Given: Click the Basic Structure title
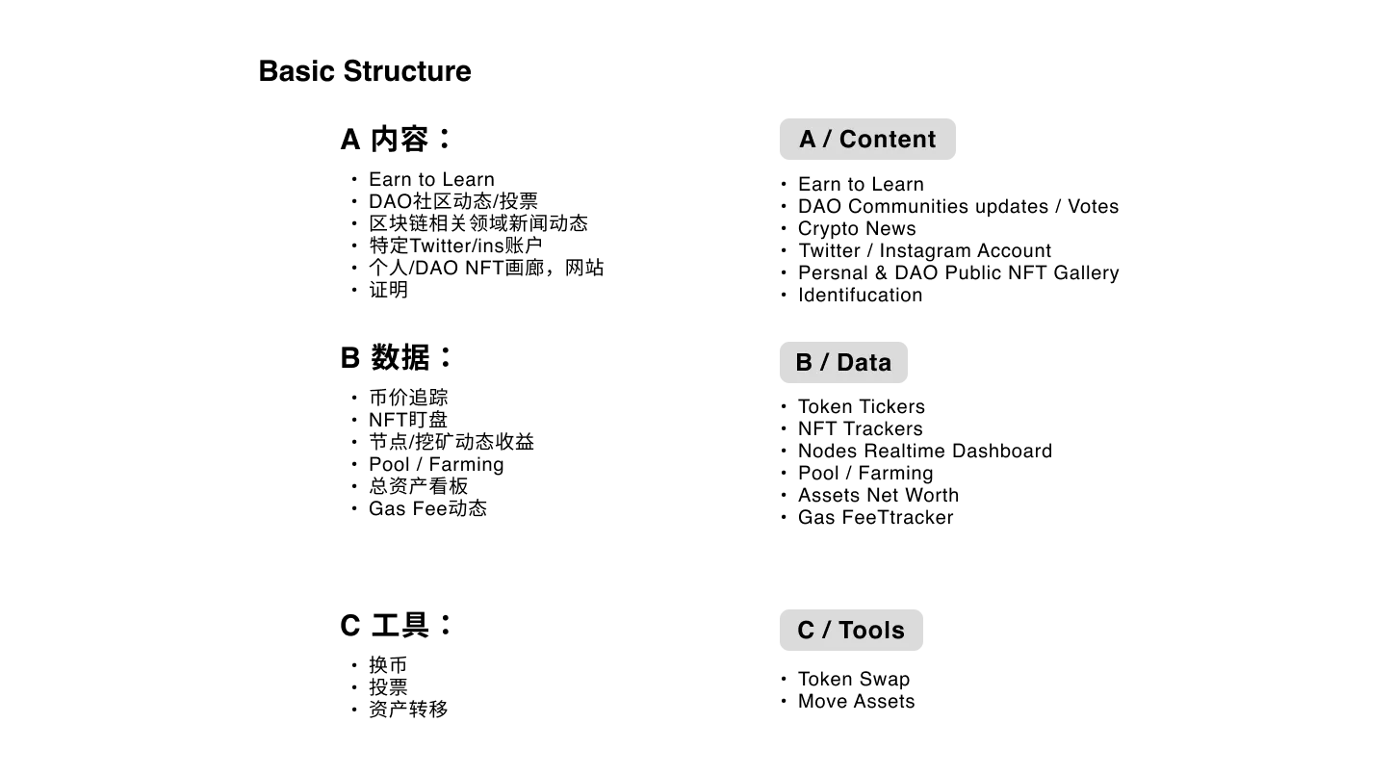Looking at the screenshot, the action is (365, 71).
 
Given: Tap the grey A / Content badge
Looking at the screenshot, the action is (867, 140).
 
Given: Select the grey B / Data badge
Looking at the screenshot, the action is (844, 363).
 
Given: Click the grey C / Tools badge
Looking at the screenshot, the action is (851, 630).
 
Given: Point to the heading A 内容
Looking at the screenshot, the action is (396, 139).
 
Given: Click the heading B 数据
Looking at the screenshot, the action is (396, 357).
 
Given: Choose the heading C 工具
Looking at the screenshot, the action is (396, 625).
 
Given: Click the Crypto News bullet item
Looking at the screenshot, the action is (857, 228).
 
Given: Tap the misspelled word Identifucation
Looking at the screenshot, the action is (860, 295).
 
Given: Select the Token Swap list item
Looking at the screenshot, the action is (854, 679).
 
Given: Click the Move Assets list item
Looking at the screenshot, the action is (857, 701).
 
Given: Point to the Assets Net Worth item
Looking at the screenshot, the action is (878, 495).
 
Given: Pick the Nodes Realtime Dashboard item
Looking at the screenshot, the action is (925, 451).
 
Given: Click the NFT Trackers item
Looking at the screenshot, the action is (860, 428).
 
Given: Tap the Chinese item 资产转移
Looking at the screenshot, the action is (408, 710).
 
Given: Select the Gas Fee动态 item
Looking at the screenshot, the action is (427, 508).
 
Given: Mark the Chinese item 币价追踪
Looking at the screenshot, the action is (408, 398).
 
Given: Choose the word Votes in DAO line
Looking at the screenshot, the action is (1094, 206).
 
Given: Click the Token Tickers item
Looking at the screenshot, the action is (862, 407).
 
